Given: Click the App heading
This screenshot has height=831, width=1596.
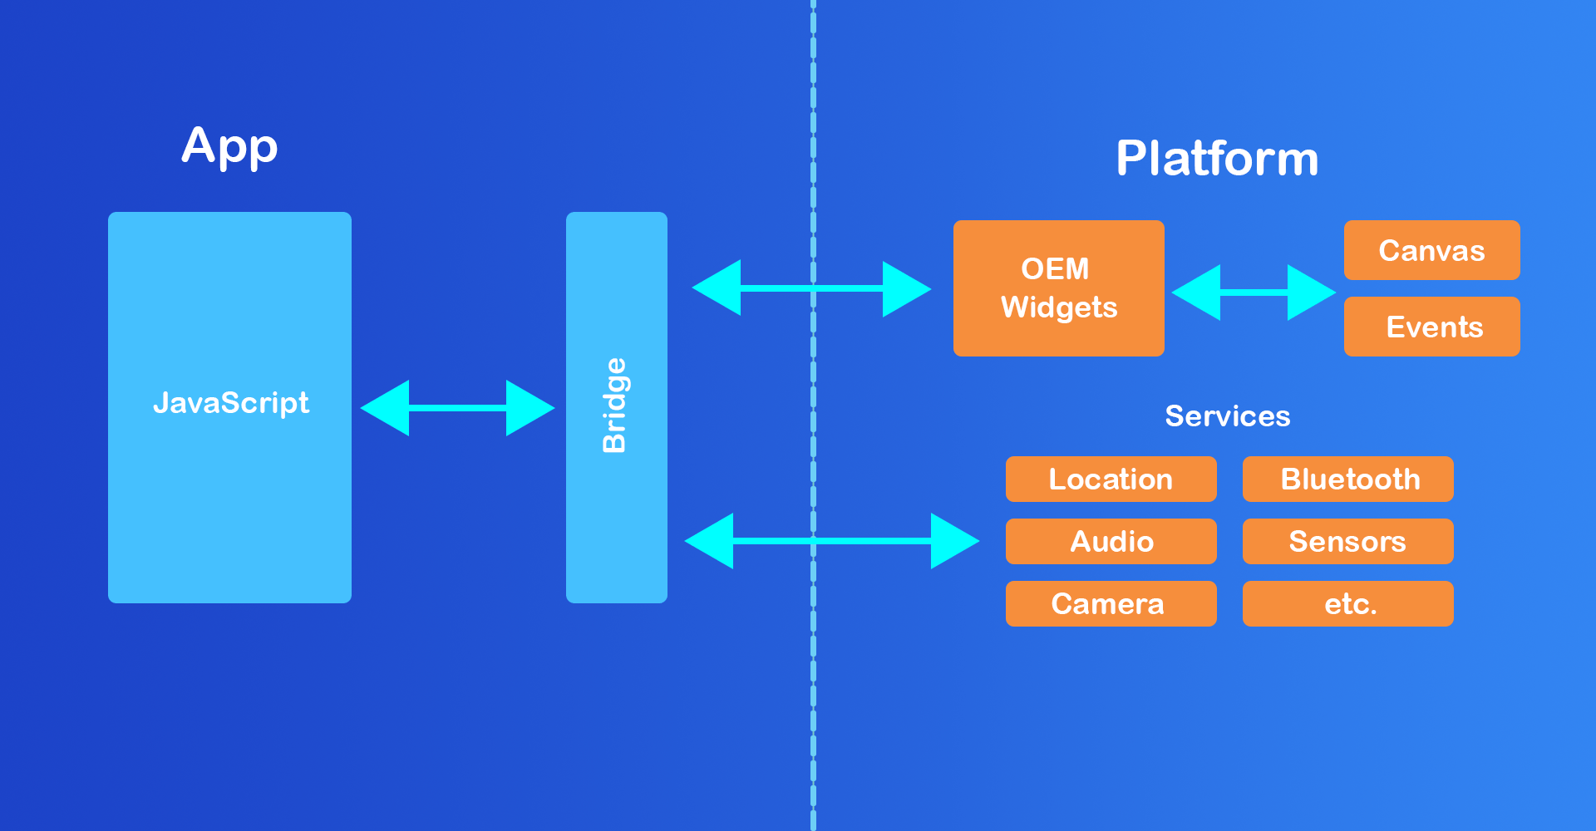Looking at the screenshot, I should [229, 147].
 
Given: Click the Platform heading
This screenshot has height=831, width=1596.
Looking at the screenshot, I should [1217, 158].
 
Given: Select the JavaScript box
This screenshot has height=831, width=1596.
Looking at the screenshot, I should [229, 407].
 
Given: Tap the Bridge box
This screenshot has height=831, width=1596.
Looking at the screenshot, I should [616, 407].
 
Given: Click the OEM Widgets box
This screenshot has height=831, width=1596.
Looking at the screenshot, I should [1058, 288].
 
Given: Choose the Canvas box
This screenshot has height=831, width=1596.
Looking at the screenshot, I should [1431, 250].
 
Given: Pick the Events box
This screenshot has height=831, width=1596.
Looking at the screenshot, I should [1431, 327].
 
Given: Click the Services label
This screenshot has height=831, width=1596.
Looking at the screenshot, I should [1228, 415].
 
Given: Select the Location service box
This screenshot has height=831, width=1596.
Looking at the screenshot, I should [1111, 479].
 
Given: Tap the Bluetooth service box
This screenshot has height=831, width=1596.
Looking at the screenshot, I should [1347, 479].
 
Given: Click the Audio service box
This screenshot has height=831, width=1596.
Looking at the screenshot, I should [1111, 541].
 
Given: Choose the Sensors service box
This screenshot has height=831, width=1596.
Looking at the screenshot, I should [1347, 541].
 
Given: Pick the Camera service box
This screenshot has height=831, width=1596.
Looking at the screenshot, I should [1111, 603].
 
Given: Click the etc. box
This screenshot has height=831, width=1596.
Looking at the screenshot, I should [1347, 603].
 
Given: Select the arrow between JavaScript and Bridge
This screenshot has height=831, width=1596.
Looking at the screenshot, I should [457, 408].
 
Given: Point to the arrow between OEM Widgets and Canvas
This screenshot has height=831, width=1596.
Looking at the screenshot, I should [1254, 293].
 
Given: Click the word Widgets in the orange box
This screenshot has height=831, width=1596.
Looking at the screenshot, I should [1059, 307].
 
